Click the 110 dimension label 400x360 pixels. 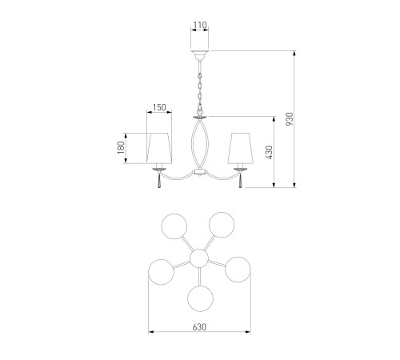click(x=200, y=25)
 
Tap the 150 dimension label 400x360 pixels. click(x=159, y=107)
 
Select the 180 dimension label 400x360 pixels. click(x=121, y=147)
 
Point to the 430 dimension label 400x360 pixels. click(x=270, y=152)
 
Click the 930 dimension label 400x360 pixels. click(x=290, y=119)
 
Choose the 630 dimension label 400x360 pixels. click(x=199, y=327)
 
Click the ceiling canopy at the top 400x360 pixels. click(x=200, y=55)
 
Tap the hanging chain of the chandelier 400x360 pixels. click(x=200, y=88)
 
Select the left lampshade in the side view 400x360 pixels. click(x=159, y=148)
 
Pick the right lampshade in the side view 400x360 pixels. click(x=240, y=148)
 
